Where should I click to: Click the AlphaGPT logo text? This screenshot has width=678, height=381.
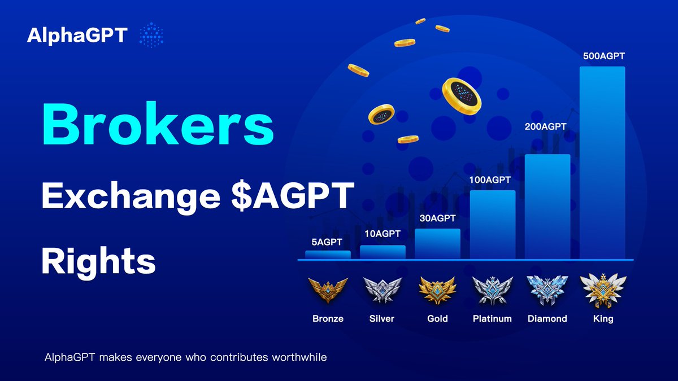pos(77,36)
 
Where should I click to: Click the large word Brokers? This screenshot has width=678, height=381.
pos(158,124)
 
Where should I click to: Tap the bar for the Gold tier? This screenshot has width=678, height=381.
pos(437,243)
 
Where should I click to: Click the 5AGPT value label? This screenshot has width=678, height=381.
pos(328,243)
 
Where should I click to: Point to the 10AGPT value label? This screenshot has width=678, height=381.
pos(383,234)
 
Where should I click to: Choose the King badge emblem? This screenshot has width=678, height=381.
pos(603,290)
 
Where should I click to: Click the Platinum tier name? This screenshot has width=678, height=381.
pos(492,319)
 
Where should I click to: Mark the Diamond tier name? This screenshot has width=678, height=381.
pos(547,319)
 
